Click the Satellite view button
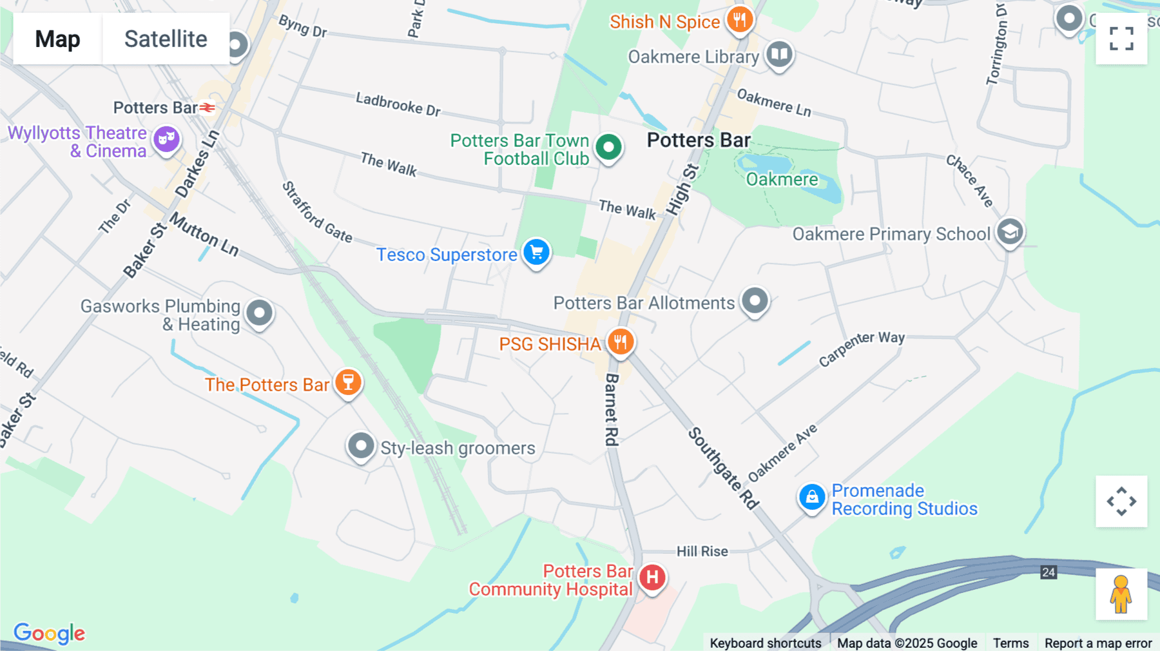(x=166, y=39)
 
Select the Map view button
(x=57, y=39)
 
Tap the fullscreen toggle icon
(x=1121, y=39)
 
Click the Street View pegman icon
(x=1121, y=594)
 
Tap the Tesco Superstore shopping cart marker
(x=536, y=253)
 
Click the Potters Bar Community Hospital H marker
(x=652, y=578)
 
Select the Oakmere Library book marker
(x=779, y=55)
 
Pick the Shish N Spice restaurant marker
(x=740, y=20)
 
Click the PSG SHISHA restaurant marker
(x=621, y=342)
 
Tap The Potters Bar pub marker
(x=348, y=383)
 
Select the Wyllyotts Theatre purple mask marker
(x=166, y=139)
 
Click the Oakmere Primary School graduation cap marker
(x=1010, y=232)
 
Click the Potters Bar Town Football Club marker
(x=608, y=148)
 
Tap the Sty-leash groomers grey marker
(x=361, y=446)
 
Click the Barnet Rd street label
(x=612, y=409)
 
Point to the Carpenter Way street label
(x=862, y=348)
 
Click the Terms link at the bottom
(x=1010, y=643)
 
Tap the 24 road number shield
(x=1049, y=572)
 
